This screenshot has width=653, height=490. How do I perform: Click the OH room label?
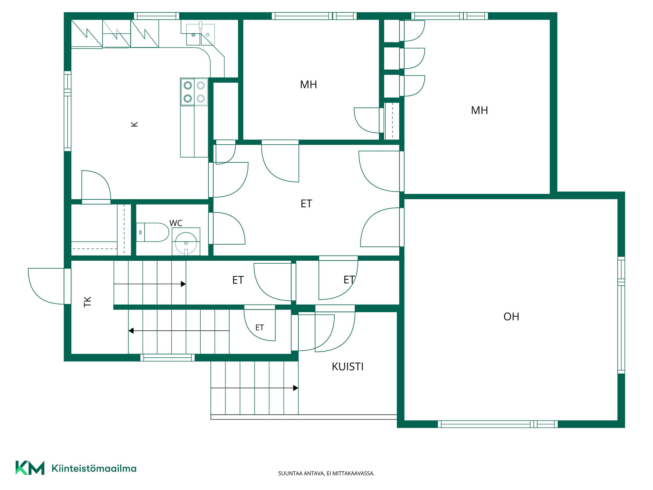click(511, 317)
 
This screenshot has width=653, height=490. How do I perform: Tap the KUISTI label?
click(348, 367)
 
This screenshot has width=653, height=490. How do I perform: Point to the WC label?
click(176, 223)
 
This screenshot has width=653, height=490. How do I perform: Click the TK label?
click(88, 302)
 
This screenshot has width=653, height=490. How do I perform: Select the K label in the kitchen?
click(135, 124)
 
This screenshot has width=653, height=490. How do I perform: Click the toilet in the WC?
click(152, 232)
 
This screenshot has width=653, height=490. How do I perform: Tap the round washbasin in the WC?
click(186, 243)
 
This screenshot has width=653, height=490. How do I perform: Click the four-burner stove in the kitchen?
click(194, 92)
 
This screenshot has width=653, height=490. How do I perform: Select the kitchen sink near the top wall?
click(200, 34)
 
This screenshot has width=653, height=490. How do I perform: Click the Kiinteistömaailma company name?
click(94, 469)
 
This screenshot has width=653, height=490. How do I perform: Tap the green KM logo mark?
click(30, 468)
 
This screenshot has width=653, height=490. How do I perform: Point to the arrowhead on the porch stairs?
click(296, 388)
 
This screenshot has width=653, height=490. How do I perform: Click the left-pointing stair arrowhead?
click(131, 330)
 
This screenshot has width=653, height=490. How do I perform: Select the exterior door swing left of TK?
click(46, 286)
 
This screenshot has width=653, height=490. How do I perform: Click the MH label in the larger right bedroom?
click(480, 110)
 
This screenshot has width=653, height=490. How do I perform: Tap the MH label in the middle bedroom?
click(308, 84)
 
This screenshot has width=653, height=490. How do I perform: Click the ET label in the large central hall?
click(306, 203)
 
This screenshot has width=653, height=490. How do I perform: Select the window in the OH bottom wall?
click(498, 424)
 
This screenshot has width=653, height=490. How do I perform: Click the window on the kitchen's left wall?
click(68, 111)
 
